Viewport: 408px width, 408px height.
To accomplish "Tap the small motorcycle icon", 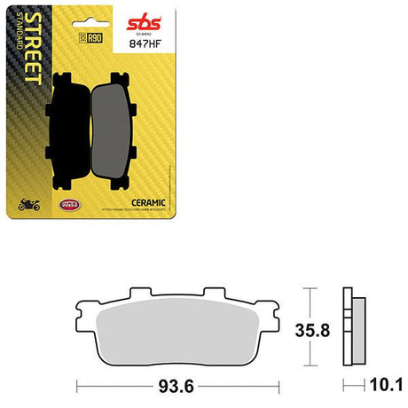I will coord(29,206).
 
